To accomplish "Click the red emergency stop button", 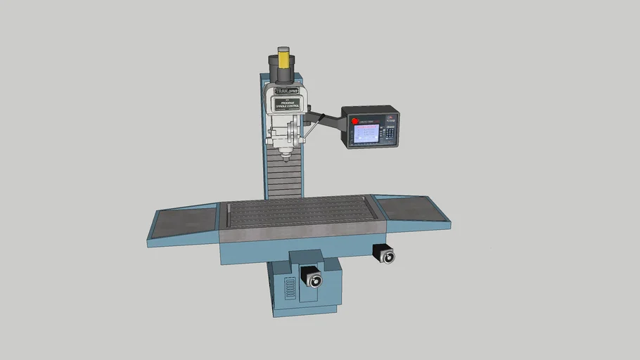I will pyautogui.click(x=355, y=121).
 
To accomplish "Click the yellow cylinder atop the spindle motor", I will pyautogui.click(x=283, y=58).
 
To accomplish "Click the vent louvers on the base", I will pyautogui.click(x=288, y=288).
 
